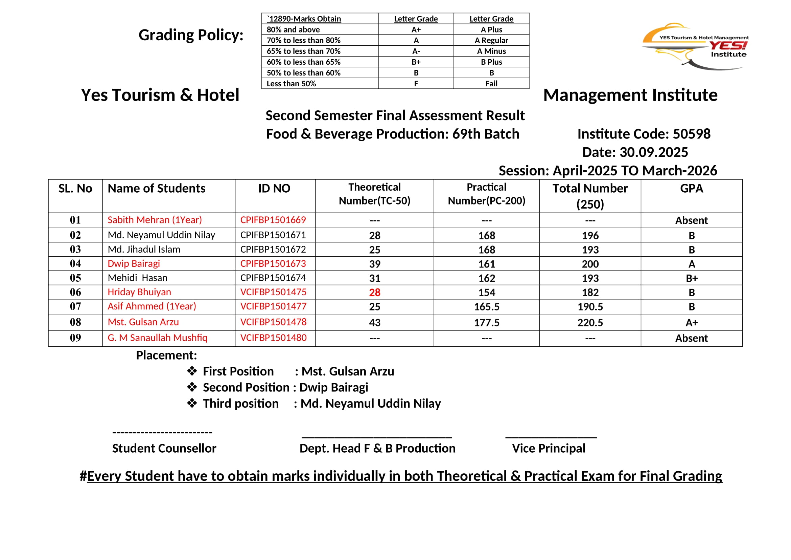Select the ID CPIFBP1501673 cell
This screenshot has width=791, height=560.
[273, 264]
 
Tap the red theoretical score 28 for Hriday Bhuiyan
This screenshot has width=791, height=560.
[374, 293]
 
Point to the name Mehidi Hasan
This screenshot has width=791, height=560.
[137, 278]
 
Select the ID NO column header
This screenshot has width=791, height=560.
[274, 189]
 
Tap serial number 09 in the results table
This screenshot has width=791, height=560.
[75, 338]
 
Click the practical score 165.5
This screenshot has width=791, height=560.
[486, 307]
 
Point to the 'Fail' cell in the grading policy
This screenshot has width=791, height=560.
[491, 83]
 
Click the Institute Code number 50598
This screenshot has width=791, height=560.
[692, 134]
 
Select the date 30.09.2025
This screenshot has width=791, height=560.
[654, 152]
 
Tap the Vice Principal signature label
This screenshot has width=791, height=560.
[549, 448]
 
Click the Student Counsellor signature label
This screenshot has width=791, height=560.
[164, 448]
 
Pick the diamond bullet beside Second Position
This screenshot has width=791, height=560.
[192, 387]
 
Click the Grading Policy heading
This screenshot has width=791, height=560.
[191, 35]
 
